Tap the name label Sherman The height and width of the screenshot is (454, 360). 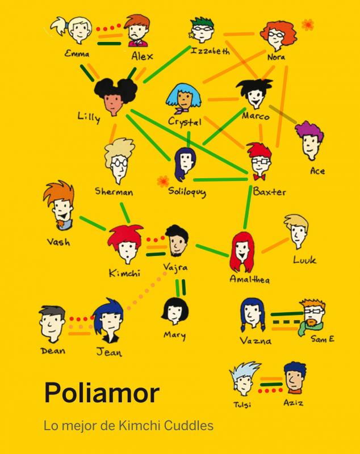pos(114,192)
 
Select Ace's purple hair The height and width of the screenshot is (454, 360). pos(309,132)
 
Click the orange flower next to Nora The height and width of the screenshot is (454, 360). pos(308,24)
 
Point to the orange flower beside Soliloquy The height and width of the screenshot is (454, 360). pos(163,182)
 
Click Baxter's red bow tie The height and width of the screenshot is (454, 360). pos(259,176)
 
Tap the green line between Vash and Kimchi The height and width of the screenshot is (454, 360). pos(93,223)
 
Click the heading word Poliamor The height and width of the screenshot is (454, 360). pos(102,393)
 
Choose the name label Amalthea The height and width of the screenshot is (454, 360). pos(250,279)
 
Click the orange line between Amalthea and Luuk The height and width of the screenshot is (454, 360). pos(275,246)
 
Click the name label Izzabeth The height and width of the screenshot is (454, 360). pos(210,52)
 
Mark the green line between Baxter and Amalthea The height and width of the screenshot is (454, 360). pos(248,207)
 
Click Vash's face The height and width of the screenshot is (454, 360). pos(63,209)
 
